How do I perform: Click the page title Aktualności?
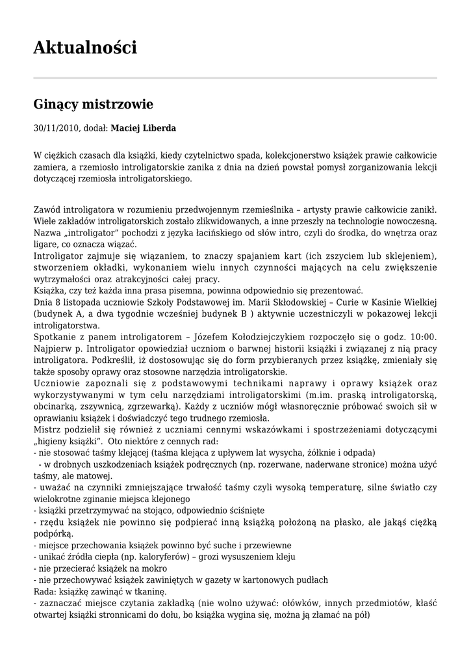tap(85, 47)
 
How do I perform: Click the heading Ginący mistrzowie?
tap(93, 104)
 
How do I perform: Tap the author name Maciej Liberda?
tap(143, 128)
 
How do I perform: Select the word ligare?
tap(45, 244)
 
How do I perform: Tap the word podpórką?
tap(52, 533)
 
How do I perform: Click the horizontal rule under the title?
tap(235, 79)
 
